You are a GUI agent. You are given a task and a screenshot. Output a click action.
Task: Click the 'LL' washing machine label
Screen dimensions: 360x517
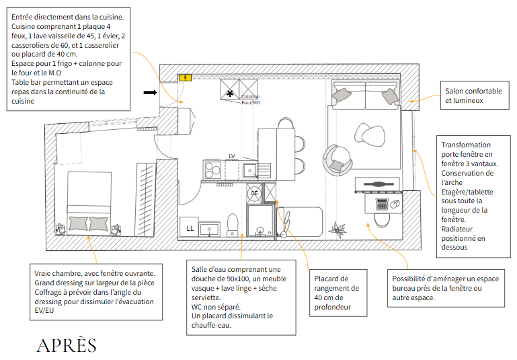click(x=190, y=228)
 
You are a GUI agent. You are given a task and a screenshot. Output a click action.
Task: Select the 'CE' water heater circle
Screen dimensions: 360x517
click(x=254, y=193)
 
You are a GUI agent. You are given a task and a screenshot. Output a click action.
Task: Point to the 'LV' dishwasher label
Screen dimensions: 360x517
click(x=232, y=156)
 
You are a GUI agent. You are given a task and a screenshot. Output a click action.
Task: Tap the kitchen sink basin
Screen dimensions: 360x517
click(x=250, y=169)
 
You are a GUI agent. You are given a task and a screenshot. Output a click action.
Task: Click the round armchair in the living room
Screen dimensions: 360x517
click(x=337, y=159)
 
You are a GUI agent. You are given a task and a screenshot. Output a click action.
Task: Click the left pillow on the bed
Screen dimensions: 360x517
click(x=79, y=223)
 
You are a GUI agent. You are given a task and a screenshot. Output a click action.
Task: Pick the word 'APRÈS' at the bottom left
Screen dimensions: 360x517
click(x=66, y=345)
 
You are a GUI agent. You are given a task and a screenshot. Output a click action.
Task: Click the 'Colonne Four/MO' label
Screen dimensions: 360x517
click(x=251, y=100)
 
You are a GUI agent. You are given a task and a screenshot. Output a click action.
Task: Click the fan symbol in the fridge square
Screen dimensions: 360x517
click(x=230, y=92)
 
